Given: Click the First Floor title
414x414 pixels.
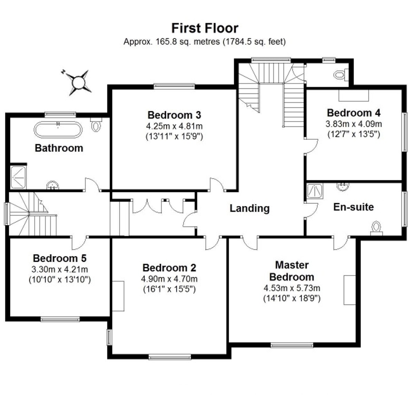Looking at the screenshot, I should coord(205,28).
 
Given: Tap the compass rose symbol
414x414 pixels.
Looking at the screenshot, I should coord(78,82).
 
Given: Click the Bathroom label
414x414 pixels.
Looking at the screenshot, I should coord(59,148).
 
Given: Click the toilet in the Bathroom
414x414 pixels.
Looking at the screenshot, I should coord(96,125).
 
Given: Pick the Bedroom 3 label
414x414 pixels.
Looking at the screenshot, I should coord(174,115).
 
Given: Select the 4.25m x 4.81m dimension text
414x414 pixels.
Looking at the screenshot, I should coord(174,126).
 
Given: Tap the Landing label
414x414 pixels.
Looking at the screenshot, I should coord(249,208).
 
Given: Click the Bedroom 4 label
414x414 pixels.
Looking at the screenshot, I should coord(354,113).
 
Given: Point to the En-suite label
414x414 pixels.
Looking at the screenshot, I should coord(353,207).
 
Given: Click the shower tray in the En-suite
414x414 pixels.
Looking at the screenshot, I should coord(315,191).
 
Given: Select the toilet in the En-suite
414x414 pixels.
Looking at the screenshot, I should coord(376,229).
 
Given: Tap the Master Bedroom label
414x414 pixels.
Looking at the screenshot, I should coord(292,271).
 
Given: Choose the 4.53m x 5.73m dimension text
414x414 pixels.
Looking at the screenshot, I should coord(292,288).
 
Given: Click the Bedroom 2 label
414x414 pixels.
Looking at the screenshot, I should coord(169,268).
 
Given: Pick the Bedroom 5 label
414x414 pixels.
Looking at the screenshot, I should coord(60,258).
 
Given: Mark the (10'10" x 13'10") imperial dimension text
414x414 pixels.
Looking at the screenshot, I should coord(60,280).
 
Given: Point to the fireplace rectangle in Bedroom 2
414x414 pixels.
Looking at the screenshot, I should coord(118,296).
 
